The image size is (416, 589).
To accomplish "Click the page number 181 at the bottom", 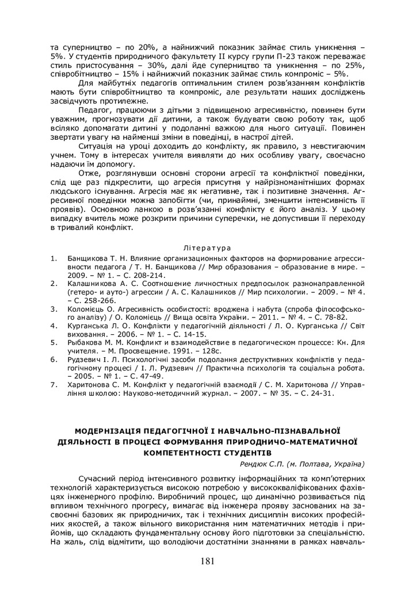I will coord(208,562).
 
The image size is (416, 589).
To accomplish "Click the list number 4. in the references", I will coord(53,325).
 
